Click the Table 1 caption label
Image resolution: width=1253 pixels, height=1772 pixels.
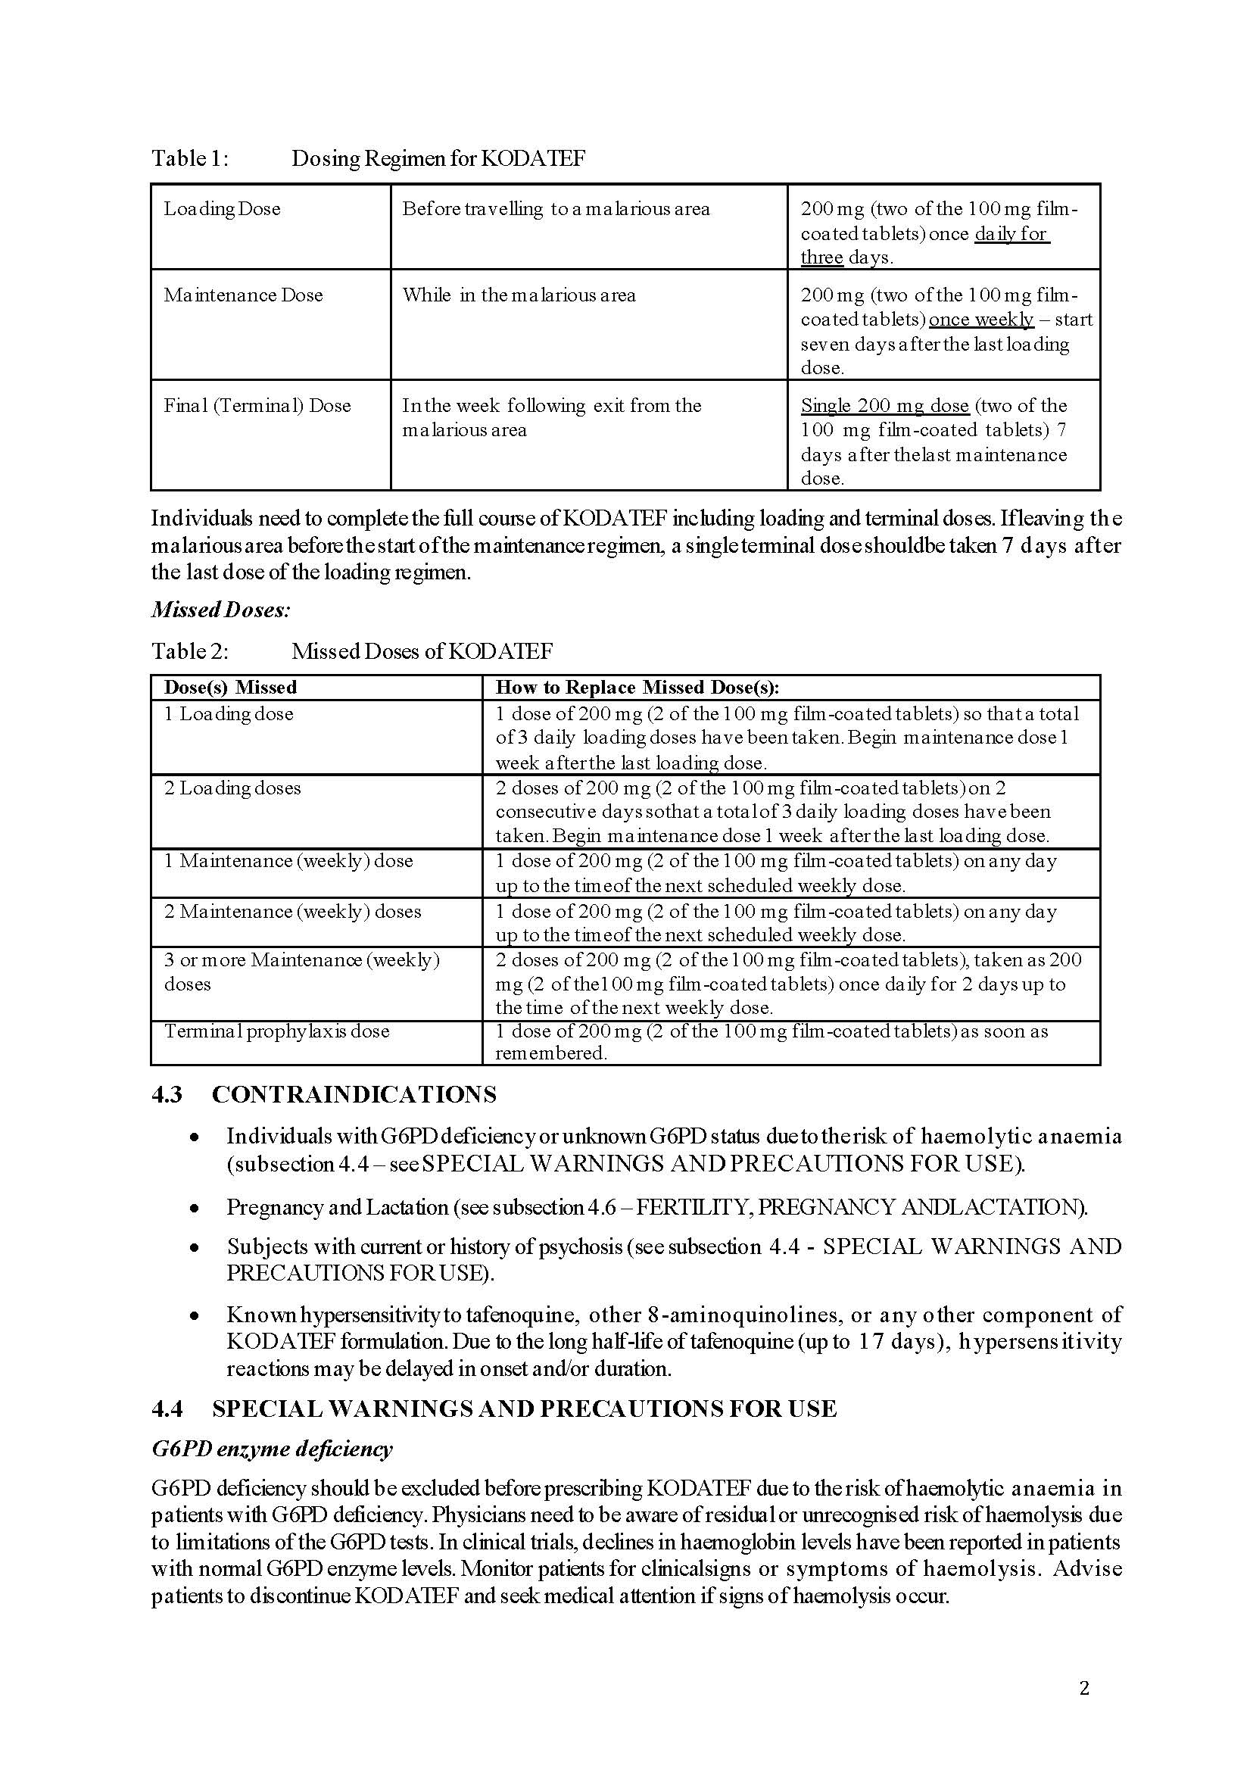[190, 158]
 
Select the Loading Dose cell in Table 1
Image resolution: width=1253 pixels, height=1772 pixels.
[222, 209]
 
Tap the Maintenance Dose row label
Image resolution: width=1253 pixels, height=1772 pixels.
[243, 295]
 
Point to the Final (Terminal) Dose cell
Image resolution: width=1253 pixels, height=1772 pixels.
[257, 406]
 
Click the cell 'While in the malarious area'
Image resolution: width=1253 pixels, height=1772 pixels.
[519, 295]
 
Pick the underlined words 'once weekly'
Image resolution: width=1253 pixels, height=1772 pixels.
[980, 320]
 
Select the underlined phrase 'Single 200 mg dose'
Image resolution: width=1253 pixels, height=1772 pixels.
[884, 406]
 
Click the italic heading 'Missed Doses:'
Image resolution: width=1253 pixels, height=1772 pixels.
[220, 610]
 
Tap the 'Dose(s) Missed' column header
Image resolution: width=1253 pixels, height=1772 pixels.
[230, 688]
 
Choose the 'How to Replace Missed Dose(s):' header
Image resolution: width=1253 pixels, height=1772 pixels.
[637, 688]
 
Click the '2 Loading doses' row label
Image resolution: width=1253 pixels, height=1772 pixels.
[232, 788]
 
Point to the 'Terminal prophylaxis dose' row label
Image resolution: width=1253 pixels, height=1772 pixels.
[276, 1031]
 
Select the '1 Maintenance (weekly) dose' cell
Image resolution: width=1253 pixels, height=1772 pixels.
[288, 860]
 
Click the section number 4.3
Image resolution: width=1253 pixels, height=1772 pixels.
[167, 1094]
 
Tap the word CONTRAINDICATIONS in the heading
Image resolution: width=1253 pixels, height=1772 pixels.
[354, 1094]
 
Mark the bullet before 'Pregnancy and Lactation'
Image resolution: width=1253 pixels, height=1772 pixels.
[196, 1208]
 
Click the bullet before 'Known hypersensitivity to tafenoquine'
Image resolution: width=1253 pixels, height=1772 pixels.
[196, 1315]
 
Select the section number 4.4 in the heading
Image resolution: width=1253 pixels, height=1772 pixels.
[167, 1409]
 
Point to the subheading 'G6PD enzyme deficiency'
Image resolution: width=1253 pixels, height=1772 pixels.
[272, 1449]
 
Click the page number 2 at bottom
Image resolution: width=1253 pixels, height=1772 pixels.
[1084, 1689]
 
